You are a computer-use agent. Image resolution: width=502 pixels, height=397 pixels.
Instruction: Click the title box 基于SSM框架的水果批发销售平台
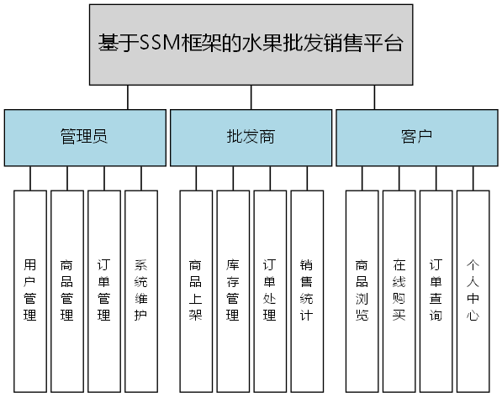coord(251,44)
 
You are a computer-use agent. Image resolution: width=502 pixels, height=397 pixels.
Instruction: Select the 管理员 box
coord(84,137)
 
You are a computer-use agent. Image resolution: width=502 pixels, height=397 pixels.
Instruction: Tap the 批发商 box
coord(251,137)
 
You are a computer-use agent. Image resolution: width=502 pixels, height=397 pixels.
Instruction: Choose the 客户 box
coord(416,137)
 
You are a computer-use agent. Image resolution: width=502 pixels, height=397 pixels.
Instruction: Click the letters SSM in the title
coord(158,44)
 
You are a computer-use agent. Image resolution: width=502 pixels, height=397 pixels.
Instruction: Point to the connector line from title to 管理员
coord(127,97)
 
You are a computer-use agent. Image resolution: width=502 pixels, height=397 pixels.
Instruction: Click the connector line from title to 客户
coord(374,97)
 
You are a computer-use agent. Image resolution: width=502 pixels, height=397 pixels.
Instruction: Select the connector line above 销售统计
coord(307,178)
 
